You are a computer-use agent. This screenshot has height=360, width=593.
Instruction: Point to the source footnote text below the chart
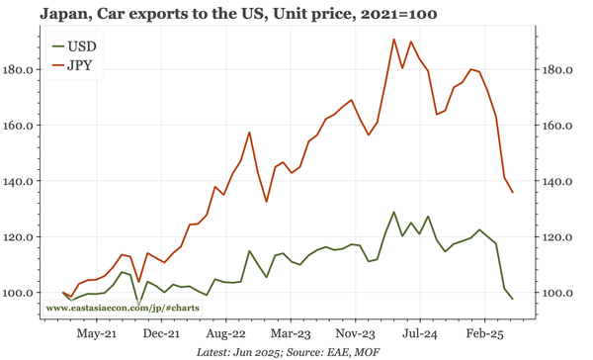tap(296, 352)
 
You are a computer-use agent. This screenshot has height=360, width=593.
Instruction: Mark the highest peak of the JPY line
tap(394, 40)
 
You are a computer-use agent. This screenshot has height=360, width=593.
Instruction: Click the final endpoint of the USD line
tap(512, 299)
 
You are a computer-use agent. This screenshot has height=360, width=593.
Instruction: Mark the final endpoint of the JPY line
tap(512, 192)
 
